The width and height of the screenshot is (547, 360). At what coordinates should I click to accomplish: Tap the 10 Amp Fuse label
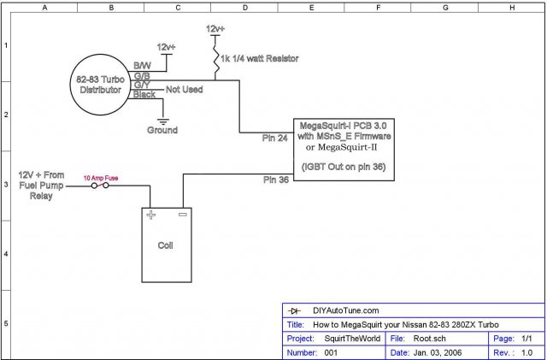[x=102, y=178]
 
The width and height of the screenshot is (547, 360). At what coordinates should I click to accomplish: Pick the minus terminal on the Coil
[x=182, y=215]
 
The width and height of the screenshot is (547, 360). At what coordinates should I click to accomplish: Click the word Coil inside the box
[x=166, y=245]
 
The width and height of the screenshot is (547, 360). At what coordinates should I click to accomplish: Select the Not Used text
[x=185, y=89]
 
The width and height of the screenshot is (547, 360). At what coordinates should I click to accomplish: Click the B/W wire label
[x=142, y=66]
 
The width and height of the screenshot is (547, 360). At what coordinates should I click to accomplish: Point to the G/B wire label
[x=142, y=76]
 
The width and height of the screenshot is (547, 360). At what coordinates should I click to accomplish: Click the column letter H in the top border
[x=511, y=7]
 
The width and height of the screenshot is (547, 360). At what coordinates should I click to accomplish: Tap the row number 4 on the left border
[x=6, y=254]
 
